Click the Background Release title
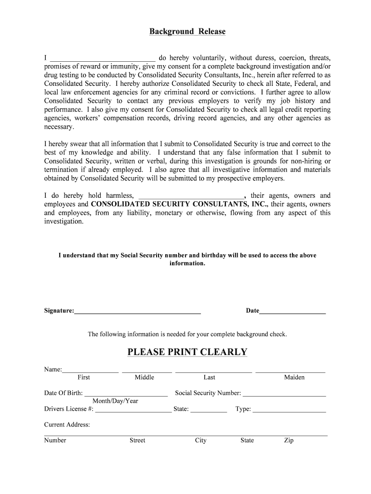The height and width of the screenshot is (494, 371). pyautogui.click(x=187, y=32)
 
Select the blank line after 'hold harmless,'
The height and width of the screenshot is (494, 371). pyautogui.click(x=191, y=196)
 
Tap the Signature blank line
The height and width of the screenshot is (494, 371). pyautogui.click(x=137, y=312)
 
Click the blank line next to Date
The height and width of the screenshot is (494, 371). pyautogui.click(x=292, y=312)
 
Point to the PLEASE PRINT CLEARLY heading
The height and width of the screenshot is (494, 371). pyautogui.click(x=187, y=352)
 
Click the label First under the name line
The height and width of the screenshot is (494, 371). pyautogui.click(x=83, y=377)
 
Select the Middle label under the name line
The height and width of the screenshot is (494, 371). pyautogui.click(x=144, y=377)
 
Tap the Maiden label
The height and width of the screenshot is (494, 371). pyautogui.click(x=294, y=377)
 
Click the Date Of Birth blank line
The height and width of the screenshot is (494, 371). pyautogui.click(x=126, y=394)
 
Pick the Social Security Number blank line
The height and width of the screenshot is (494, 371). pyautogui.click(x=284, y=394)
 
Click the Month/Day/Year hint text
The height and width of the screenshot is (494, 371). pyautogui.click(x=115, y=401)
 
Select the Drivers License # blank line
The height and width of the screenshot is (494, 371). pyautogui.click(x=133, y=410)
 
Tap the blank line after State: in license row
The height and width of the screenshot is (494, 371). pyautogui.click(x=209, y=410)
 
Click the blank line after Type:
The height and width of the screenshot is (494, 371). pyautogui.click(x=289, y=410)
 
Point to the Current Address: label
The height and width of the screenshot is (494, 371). pyautogui.click(x=67, y=425)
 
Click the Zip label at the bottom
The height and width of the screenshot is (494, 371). pyautogui.click(x=289, y=440)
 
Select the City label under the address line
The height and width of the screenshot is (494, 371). pyautogui.click(x=200, y=440)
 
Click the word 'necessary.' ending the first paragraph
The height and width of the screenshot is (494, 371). pyautogui.click(x=59, y=127)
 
